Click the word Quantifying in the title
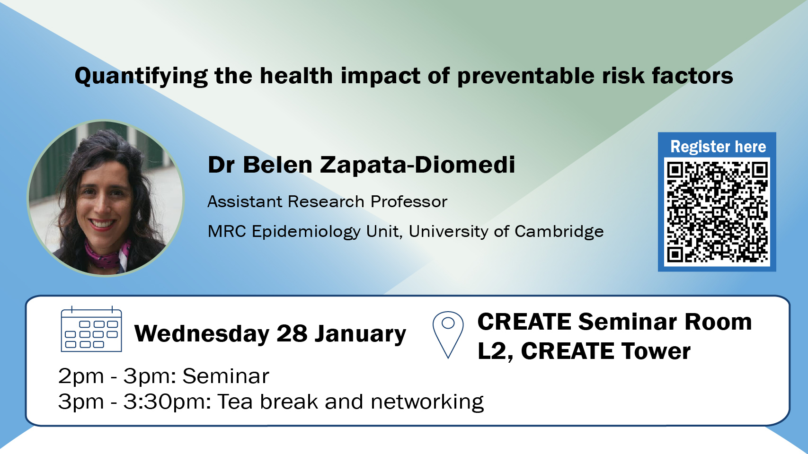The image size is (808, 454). click(141, 77)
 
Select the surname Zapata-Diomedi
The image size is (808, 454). click(417, 165)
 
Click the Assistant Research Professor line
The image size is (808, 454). click(327, 202)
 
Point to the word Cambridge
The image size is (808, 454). click(559, 231)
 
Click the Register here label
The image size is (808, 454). click(718, 147)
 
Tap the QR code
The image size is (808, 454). click(717, 212)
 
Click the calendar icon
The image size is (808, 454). click(91, 329)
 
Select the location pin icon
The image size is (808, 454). click(448, 335)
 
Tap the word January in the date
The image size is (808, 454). click(360, 334)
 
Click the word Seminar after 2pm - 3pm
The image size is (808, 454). click(226, 376)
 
